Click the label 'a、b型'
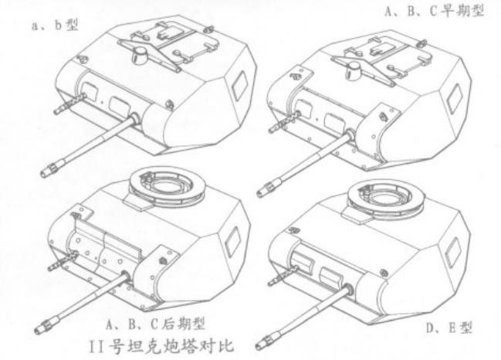pyautogui.click(x=55, y=25)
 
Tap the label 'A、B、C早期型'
pyautogui.click(x=435, y=10)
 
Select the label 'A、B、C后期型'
pyautogui.click(x=156, y=324)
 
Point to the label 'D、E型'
pyautogui.click(x=449, y=328)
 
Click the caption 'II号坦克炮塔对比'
pyautogui.click(x=161, y=345)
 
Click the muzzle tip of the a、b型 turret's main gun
pyautogui.click(x=44, y=175)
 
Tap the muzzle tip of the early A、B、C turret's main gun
pyautogui.click(x=260, y=193)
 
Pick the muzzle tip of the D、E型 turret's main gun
pyautogui.click(x=259, y=345)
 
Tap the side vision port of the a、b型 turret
pyautogui.click(x=239, y=85)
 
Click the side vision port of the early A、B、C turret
pyautogui.click(x=454, y=98)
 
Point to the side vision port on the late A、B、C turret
pyautogui.click(x=232, y=241)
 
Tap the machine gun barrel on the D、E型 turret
pyautogui.click(x=282, y=276)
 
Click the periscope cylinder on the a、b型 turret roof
pyautogui.click(x=140, y=55)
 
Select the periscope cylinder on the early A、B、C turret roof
pyautogui.click(x=354, y=70)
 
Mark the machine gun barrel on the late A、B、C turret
pyautogui.click(x=63, y=261)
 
